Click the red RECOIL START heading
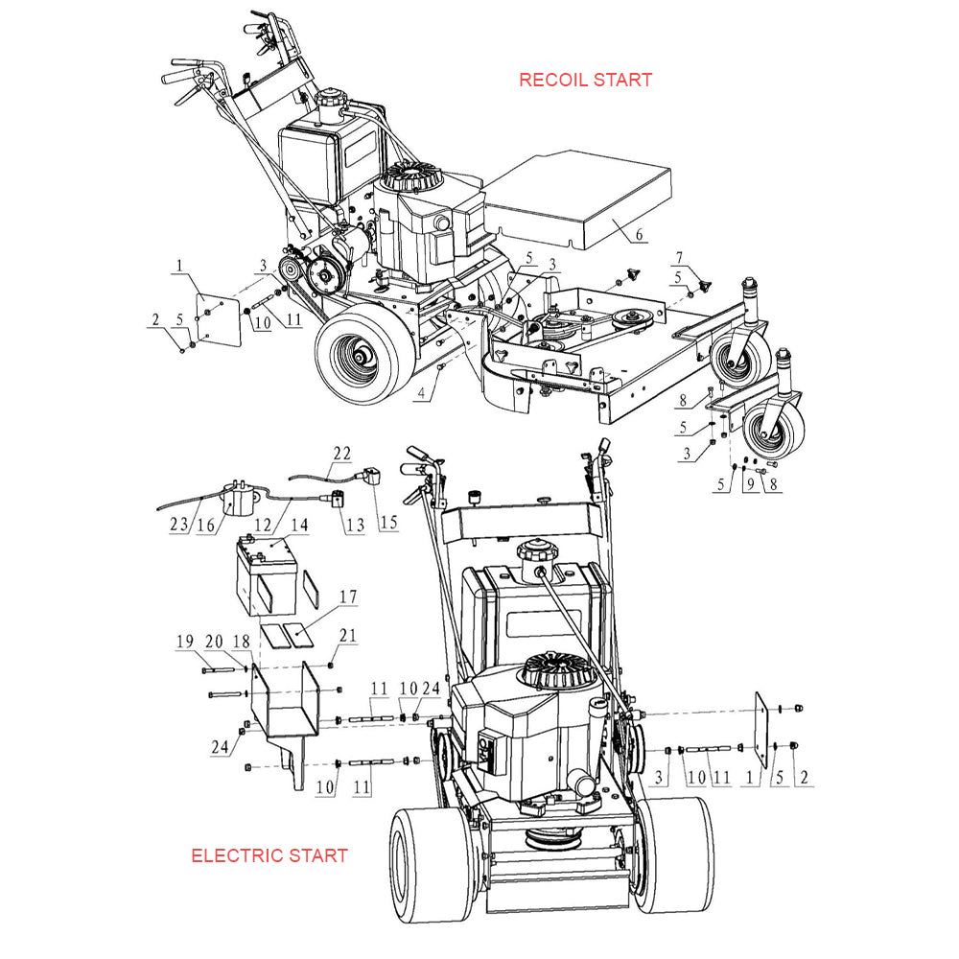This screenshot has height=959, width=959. coord(585,80)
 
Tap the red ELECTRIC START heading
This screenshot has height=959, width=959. coord(269,855)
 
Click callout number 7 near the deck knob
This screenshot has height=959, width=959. coord(680,257)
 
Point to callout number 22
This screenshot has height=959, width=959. coord(342,453)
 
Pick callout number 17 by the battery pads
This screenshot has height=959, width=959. coord(347,597)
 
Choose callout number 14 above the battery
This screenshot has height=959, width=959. coord(300,525)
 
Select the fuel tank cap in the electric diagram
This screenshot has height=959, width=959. coord(534,554)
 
